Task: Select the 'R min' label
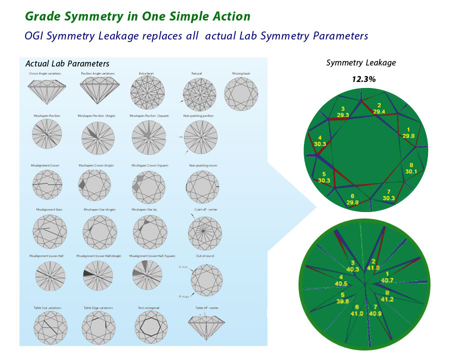pyautogui.click(x=182, y=267)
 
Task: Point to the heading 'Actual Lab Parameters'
pyautogui.click(x=67, y=64)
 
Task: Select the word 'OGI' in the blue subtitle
pyautogui.click(x=35, y=36)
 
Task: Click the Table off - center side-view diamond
pyautogui.click(x=203, y=325)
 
